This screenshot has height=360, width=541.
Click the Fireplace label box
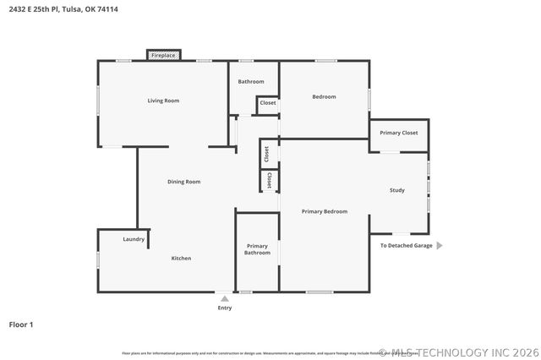[163, 55]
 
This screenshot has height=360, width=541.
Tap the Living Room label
[163, 101]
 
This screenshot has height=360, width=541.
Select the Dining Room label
[183, 182]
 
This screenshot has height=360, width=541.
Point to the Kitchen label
[181, 258]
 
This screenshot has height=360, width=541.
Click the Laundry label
[134, 239]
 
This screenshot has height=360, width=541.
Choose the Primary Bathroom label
[257, 249]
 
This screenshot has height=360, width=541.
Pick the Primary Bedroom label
[325, 211]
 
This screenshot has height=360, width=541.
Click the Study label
[396, 190]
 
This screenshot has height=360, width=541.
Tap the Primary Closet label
[398, 133]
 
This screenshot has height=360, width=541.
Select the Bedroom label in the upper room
[324, 96]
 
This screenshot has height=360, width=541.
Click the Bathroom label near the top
[251, 82]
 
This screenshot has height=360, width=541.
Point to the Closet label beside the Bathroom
[268, 103]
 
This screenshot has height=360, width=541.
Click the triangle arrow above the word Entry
[224, 298]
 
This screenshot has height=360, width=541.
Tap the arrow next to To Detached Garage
[440, 246]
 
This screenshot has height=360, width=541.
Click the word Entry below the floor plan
[225, 308]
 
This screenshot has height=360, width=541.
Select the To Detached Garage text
[406, 246]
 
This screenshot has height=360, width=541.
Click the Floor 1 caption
[21, 324]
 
